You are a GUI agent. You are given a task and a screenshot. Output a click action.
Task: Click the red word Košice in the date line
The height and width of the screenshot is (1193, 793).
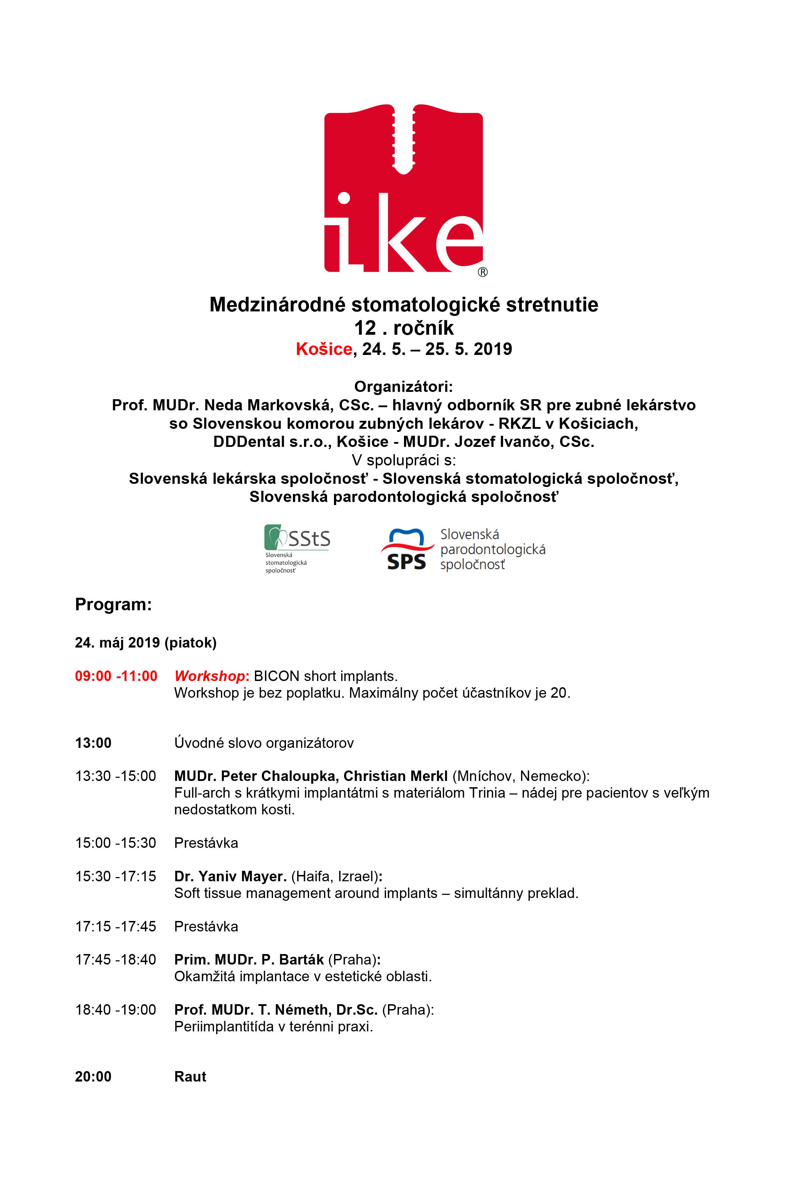[324, 349]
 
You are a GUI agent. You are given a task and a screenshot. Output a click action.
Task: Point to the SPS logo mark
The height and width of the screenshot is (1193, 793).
[407, 549]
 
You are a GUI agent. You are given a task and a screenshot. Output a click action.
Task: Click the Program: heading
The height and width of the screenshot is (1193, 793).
[113, 604]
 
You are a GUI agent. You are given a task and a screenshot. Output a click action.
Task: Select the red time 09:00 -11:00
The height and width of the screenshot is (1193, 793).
[116, 676]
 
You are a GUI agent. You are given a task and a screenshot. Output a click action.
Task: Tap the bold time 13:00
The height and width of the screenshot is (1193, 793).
[93, 743]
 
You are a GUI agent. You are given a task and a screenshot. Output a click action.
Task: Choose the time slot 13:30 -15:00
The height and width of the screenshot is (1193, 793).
[116, 776]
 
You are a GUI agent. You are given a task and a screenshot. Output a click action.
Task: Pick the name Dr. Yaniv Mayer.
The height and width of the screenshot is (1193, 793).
[230, 876]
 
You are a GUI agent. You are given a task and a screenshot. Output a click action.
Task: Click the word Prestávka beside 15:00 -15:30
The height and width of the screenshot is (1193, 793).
[206, 843]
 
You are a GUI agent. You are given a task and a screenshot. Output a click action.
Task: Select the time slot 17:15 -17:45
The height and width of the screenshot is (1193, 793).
[116, 927]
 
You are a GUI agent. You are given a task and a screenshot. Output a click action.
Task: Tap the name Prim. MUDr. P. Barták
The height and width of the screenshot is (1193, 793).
[249, 960]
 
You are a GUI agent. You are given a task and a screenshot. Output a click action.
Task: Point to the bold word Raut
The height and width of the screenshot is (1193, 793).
[190, 1077]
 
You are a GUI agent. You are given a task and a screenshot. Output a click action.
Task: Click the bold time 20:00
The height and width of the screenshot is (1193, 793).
[93, 1077]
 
